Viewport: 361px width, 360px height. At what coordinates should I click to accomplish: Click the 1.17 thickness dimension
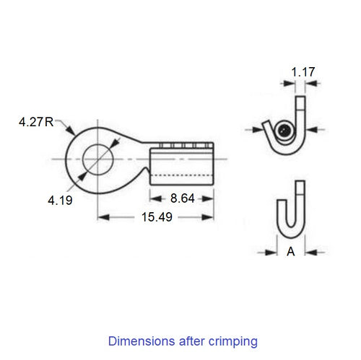coord(302,71)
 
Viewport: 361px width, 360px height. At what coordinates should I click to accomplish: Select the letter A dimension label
coord(291,252)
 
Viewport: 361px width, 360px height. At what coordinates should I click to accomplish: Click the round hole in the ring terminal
coord(95,158)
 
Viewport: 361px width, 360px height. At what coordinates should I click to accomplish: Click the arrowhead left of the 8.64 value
coord(154,198)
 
